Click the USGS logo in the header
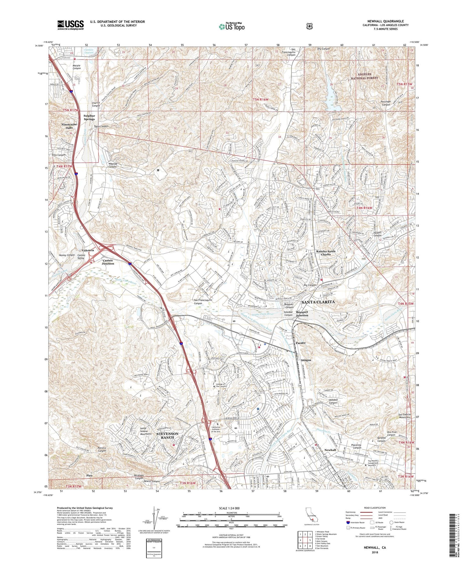[70, 25]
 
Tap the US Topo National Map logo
[231, 26]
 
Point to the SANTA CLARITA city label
[318, 302]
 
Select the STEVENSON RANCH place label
[167, 435]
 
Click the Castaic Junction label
[108, 262]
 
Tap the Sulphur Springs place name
[89, 117]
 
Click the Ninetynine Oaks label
[69, 126]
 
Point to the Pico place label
[90, 475]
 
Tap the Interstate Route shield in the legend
[348, 522]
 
